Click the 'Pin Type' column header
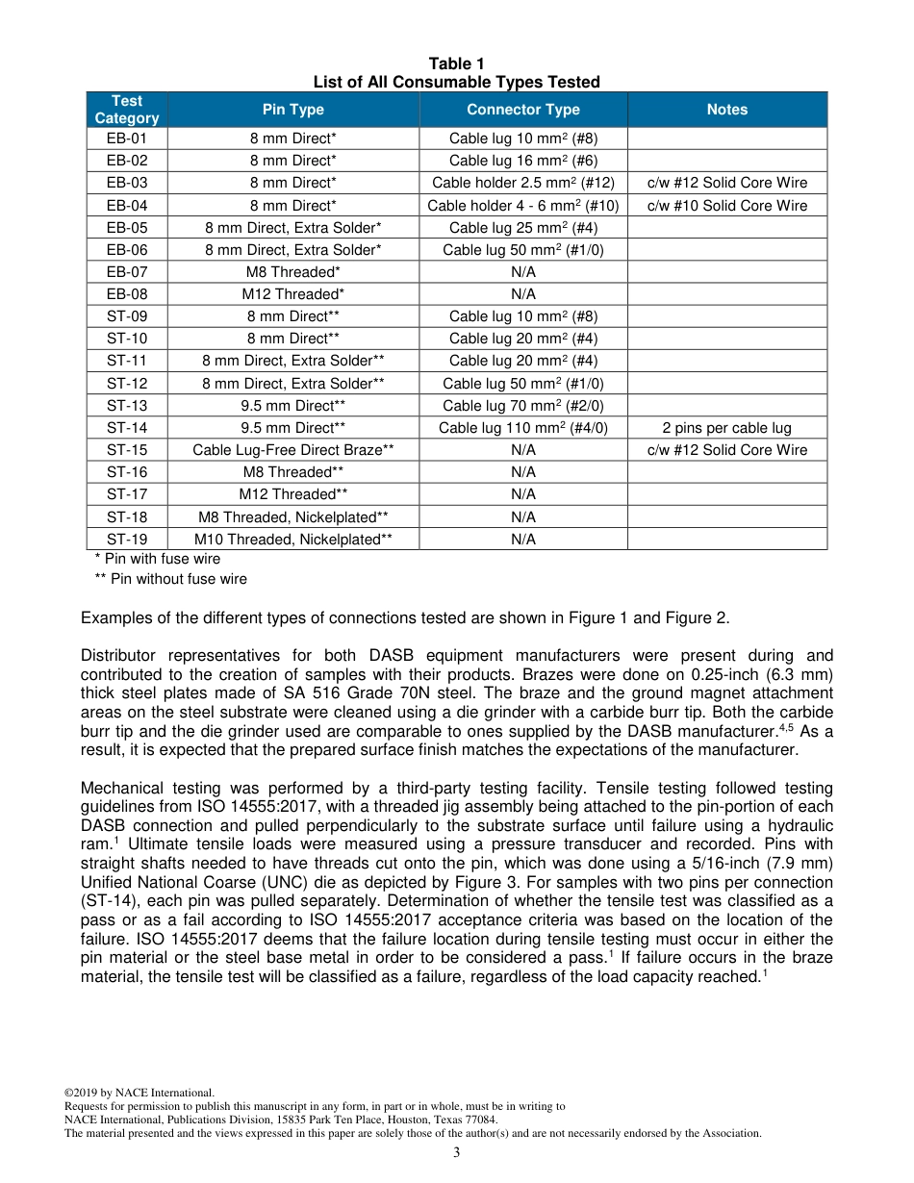[x=292, y=110]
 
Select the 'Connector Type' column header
[x=523, y=110]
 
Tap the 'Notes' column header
[x=726, y=110]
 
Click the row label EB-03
[x=127, y=183]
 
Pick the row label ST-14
[x=127, y=428]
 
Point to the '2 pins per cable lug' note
[x=726, y=428]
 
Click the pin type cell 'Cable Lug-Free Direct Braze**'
[x=292, y=450]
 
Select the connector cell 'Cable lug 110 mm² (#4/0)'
[x=523, y=428]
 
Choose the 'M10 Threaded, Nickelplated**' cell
[x=292, y=540]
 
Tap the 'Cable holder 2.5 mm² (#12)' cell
[x=523, y=183]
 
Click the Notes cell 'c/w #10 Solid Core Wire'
[x=726, y=205]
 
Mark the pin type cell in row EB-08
[x=292, y=294]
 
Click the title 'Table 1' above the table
[x=456, y=64]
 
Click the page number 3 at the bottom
[x=456, y=1153]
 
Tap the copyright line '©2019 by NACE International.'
[x=139, y=1093]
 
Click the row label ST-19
[x=127, y=540]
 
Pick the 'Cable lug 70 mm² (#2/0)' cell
[x=523, y=406]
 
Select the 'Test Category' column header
[x=127, y=110]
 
